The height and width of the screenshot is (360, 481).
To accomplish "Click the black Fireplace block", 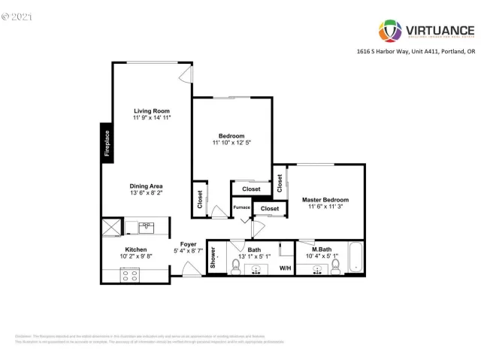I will (x=107, y=142).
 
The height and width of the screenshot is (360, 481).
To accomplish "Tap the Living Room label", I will (x=152, y=110).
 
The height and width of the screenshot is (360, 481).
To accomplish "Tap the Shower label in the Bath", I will (x=213, y=258).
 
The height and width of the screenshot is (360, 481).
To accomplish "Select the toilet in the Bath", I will (x=235, y=263).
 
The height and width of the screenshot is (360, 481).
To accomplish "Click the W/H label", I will (x=286, y=267).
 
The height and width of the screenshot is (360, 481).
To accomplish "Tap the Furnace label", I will (x=241, y=207).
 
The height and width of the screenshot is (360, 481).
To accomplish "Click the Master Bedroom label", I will (x=325, y=199).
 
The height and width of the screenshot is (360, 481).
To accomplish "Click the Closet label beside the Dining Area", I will (x=200, y=198).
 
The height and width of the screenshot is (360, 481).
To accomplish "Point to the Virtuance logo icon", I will (x=389, y=32).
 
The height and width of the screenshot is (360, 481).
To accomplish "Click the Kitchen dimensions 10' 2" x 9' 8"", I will (x=136, y=256).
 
